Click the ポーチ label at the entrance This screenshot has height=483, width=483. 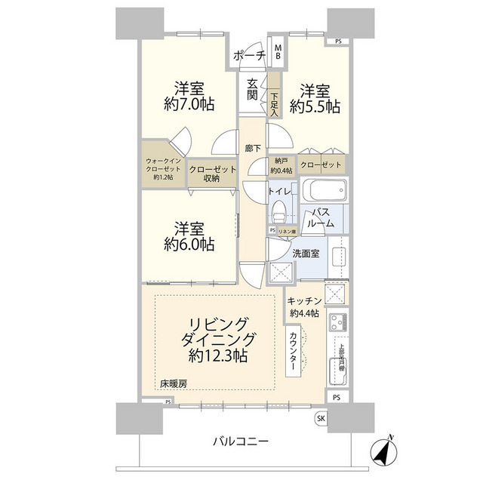point(248,55)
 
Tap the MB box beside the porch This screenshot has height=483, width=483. point(278,52)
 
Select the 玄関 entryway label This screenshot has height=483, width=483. point(251,90)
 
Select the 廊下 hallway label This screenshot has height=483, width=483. point(254,148)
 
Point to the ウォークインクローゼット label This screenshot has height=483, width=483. point(163,168)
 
